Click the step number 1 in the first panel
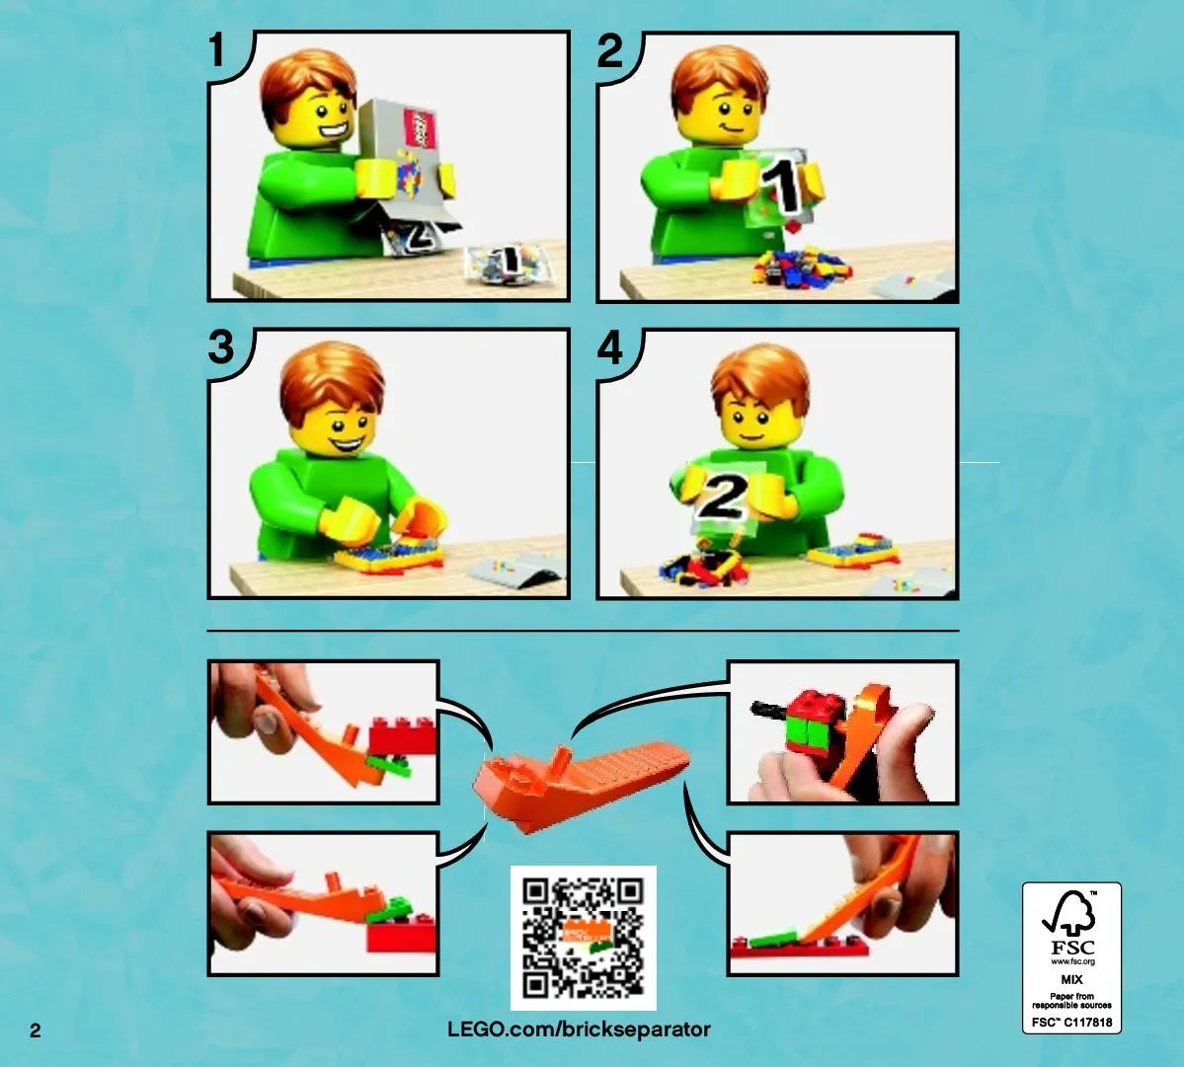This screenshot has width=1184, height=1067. pos(217,49)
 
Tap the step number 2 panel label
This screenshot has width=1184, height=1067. pos(610,50)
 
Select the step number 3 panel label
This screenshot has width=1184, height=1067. pos(221,347)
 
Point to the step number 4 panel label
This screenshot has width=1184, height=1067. pos(610,347)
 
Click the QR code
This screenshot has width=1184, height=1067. pos(583,938)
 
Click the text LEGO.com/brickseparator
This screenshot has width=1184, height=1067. pos(580,1029)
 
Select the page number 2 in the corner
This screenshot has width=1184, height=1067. pos(36,1030)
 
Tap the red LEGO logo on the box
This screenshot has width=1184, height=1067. pos(421,126)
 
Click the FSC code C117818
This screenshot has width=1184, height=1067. pos(1072,1023)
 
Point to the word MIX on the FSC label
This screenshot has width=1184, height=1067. pos(1071,979)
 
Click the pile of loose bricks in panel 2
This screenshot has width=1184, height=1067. pos(802,268)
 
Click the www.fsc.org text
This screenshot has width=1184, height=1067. pos(1072,961)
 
